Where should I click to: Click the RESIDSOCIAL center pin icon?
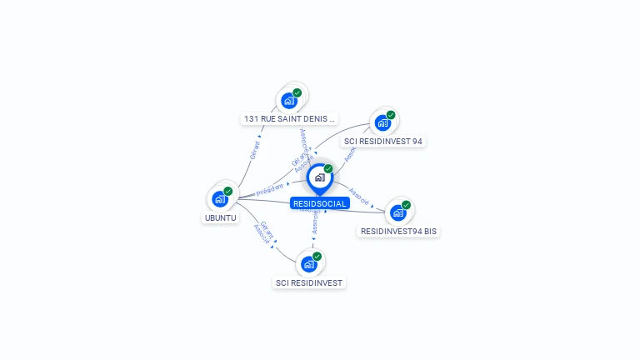[x=319, y=177]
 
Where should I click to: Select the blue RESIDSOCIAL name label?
[x=319, y=203]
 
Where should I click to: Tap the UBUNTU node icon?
[x=220, y=198]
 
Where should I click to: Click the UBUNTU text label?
[x=220, y=218]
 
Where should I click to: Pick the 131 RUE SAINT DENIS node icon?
[x=289, y=101]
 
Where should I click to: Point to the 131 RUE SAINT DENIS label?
[x=289, y=118]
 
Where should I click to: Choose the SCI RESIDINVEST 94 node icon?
[x=382, y=122]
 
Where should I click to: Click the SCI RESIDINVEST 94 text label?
[x=384, y=141]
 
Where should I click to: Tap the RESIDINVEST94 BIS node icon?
[x=398, y=212]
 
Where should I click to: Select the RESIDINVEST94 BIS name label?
[x=398, y=231]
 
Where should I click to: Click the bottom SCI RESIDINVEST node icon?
[x=309, y=264]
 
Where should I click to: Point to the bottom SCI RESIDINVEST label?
[x=309, y=282]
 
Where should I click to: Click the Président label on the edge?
[x=270, y=190]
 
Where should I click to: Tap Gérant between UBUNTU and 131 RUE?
[x=255, y=150]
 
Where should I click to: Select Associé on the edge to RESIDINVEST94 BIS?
[x=358, y=196]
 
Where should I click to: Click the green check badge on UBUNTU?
[x=228, y=191]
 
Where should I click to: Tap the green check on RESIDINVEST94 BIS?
[x=407, y=205]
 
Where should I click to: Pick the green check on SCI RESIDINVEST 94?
[x=391, y=115]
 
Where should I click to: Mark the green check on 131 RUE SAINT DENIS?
[x=297, y=93]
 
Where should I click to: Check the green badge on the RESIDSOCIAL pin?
[x=328, y=168]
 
